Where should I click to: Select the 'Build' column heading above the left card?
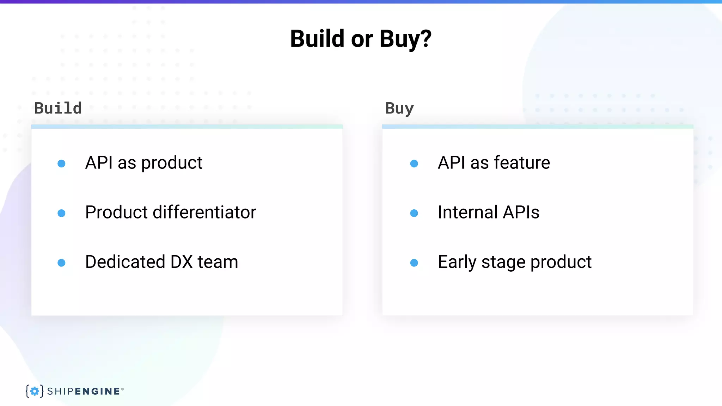pyautogui.click(x=58, y=108)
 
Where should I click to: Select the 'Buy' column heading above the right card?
pyautogui.click(x=399, y=108)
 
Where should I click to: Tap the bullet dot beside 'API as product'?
pyautogui.click(x=61, y=164)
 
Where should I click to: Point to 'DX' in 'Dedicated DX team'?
pyautogui.click(x=182, y=262)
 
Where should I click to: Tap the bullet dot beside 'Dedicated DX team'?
pyautogui.click(x=61, y=263)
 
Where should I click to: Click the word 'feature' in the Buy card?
pyautogui.click(x=522, y=162)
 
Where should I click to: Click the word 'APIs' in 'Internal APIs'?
pyautogui.click(x=521, y=212)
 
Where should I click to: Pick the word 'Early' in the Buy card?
pyautogui.click(x=457, y=262)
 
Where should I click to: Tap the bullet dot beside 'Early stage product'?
pyautogui.click(x=414, y=263)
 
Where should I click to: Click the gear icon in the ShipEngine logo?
pyautogui.click(x=35, y=391)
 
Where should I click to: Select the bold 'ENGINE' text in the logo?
pyautogui.click(x=97, y=391)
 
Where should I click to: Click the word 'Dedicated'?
pyautogui.click(x=125, y=262)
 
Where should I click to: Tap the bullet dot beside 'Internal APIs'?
pyautogui.click(x=414, y=213)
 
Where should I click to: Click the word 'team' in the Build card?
pyautogui.click(x=218, y=262)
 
